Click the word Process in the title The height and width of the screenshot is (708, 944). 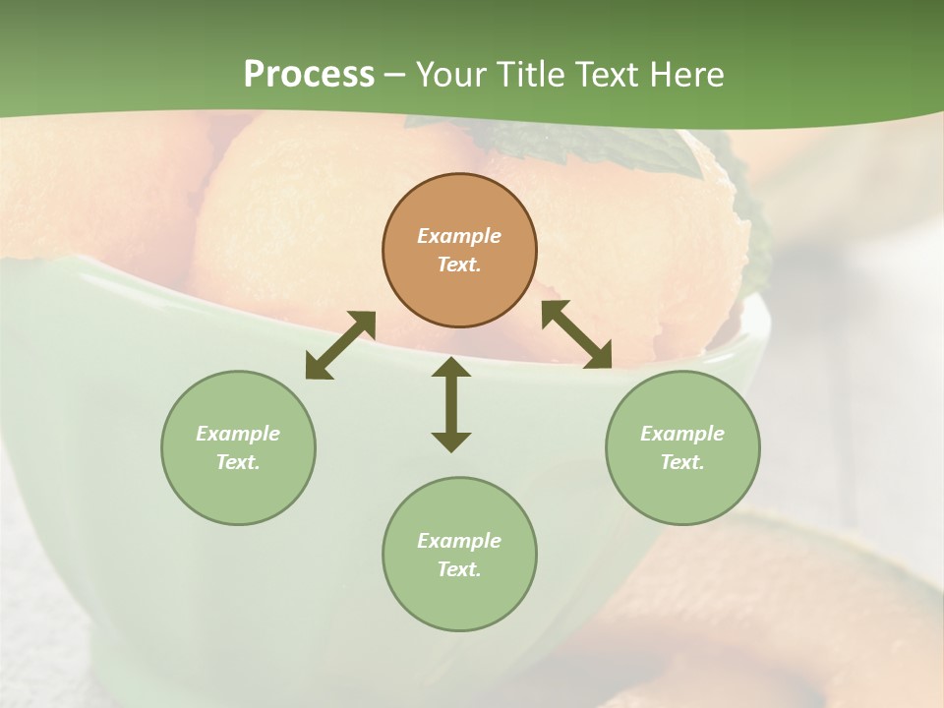coord(309,75)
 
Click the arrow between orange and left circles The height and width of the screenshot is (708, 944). coord(340,345)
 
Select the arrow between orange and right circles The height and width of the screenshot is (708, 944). coord(576,334)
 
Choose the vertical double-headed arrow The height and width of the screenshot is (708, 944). coord(451,405)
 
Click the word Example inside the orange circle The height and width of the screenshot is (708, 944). coord(459,236)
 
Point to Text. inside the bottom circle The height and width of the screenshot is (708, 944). coord(459,569)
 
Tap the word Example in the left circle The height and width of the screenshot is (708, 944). coord(238,434)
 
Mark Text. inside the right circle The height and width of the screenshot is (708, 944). coord(682,462)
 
